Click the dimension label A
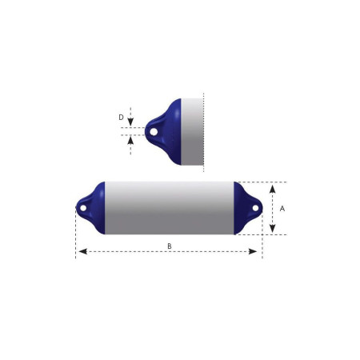click(x=282, y=209)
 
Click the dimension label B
click(x=170, y=246)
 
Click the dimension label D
click(x=121, y=118)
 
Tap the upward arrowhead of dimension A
click(x=272, y=189)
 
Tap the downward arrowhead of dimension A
click(x=272, y=228)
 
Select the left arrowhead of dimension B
click(x=83, y=251)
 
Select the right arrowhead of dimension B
click(x=253, y=251)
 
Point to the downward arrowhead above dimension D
click(x=130, y=122)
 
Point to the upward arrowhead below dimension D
click(x=130, y=141)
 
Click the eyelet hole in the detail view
click(x=154, y=131)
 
